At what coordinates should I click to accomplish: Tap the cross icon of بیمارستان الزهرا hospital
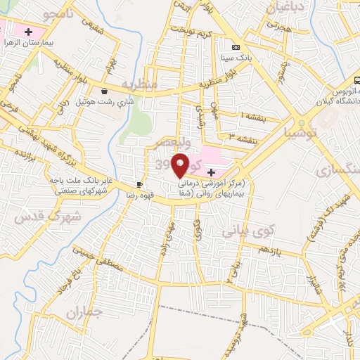tap(27, 32)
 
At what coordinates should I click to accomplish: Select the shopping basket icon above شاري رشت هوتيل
tap(105, 91)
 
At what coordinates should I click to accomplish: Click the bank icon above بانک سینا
tap(235, 46)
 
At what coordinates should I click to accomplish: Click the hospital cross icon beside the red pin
tap(211, 172)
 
